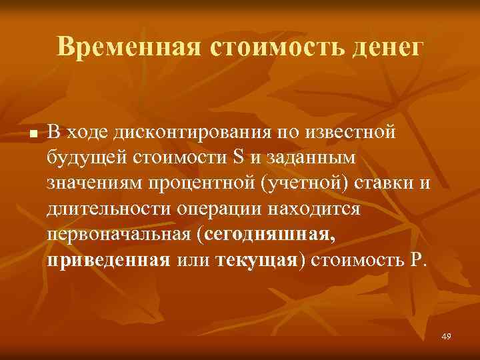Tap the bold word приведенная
[x=109, y=259]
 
